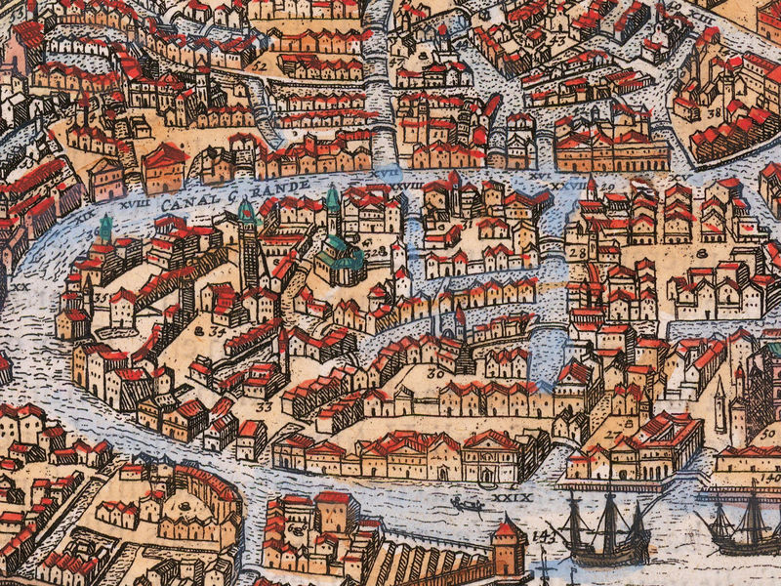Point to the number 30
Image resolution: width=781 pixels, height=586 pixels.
click(434, 371)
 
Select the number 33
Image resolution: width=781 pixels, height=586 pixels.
click(264, 405)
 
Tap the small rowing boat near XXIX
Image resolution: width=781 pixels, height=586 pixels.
click(467, 504)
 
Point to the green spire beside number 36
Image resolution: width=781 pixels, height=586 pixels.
click(104, 229)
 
